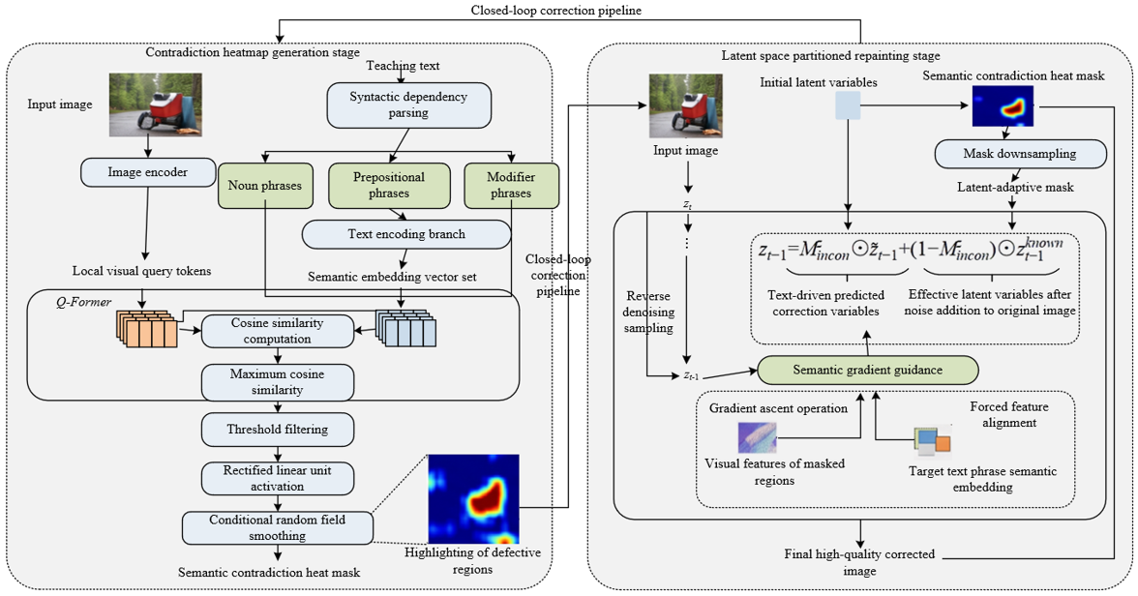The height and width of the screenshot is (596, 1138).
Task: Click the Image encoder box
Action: (148, 172)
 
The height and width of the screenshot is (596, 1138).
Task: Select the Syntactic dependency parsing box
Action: (408, 105)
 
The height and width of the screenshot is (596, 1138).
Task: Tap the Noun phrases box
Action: (265, 186)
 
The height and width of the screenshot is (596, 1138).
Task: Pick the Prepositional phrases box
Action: (389, 186)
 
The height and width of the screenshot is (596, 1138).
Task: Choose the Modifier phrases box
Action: (511, 186)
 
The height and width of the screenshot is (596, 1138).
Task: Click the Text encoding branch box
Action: (406, 234)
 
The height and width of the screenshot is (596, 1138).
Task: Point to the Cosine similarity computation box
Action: (277, 331)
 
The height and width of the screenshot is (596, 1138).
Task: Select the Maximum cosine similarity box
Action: (277, 382)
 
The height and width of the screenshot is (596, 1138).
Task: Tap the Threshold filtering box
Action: (277, 430)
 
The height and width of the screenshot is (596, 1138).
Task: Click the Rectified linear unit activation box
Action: (277, 478)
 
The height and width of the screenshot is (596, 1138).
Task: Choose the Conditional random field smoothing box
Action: (277, 527)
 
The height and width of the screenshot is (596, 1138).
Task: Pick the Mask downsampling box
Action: (1020, 154)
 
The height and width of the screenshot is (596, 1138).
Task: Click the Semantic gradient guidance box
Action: (867, 371)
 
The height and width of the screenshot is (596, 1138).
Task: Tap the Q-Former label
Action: (84, 302)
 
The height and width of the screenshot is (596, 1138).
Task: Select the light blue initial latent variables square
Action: (848, 105)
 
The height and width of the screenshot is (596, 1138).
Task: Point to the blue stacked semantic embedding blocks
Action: (405, 329)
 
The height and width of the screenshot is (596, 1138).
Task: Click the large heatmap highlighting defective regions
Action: (473, 499)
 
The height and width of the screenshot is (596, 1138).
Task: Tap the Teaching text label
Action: (403, 66)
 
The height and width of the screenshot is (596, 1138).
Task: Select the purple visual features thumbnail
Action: (757, 438)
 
